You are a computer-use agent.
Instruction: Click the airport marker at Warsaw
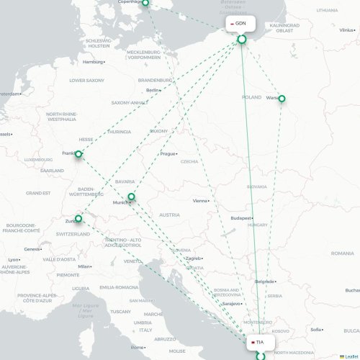coord(282,99)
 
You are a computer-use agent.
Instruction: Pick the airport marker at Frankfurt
coord(78,154)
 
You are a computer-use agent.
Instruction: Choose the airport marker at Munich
coord(131,197)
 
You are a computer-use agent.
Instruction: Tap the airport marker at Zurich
coord(78,219)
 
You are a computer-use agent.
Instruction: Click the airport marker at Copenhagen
coord(145,3)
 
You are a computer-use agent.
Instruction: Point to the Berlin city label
coord(152,90)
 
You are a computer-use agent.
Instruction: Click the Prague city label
coord(168,153)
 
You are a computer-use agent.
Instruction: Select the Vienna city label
coord(200,201)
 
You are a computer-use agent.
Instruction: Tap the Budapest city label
coord(240,217)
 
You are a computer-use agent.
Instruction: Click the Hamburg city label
coord(93,62)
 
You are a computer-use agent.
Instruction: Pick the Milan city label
coord(85,266)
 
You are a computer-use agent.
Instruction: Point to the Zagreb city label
coord(194,258)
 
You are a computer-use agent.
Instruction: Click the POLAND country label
coord(252,97)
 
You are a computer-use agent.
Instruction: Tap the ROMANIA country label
coord(342,253)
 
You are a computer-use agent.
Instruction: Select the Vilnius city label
coord(346,30)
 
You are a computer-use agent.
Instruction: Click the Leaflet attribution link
coord(348,356)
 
